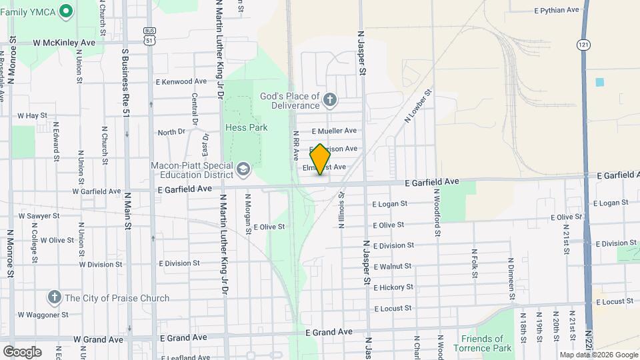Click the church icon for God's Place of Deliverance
click(x=329, y=101)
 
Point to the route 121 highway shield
click(x=583, y=44)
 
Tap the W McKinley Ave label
click(x=65, y=42)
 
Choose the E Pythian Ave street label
click(x=557, y=10)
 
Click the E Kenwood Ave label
click(x=181, y=81)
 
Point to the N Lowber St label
click(x=419, y=106)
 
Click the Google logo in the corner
click(x=23, y=351)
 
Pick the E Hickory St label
click(x=393, y=287)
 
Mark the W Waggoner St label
click(x=43, y=315)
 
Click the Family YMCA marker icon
click(x=65, y=11)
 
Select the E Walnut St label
click(x=392, y=266)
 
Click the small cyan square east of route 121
click(x=599, y=82)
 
